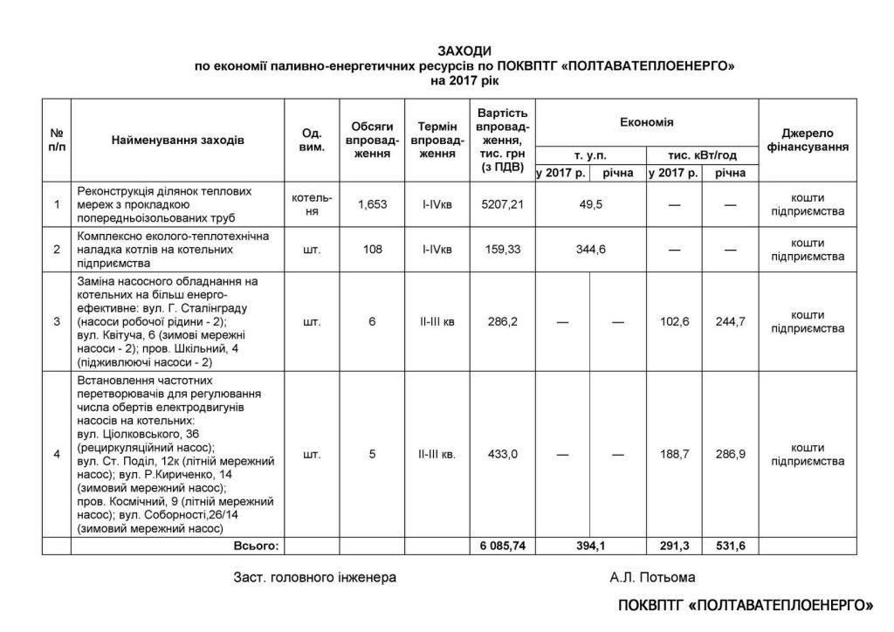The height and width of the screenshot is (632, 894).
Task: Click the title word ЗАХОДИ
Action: (465, 52)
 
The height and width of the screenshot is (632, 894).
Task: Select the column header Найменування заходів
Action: (178, 140)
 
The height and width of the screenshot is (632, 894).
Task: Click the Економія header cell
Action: (646, 122)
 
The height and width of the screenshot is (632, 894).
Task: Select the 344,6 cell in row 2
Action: (590, 250)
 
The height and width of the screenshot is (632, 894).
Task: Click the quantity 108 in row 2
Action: (370, 250)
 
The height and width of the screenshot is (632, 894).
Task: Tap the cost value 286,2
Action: (502, 321)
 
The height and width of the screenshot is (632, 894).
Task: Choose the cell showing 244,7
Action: (729, 321)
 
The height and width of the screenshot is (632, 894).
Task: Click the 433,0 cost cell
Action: (502, 455)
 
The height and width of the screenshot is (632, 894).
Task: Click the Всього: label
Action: (255, 546)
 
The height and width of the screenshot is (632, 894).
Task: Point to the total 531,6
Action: (729, 546)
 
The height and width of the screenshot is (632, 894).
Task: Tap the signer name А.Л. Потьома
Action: (654, 577)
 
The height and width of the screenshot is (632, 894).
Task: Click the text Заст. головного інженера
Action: (314, 577)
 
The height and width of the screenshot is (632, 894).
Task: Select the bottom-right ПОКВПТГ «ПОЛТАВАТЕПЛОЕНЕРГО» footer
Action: (746, 605)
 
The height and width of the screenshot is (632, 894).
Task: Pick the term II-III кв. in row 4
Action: (437, 455)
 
